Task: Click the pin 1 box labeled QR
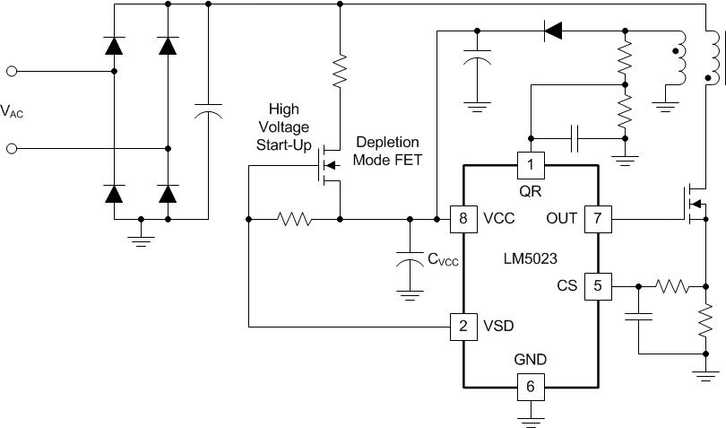click(x=531, y=164)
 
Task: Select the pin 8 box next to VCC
click(x=463, y=218)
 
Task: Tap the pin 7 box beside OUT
click(x=598, y=218)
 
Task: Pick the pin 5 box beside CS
click(x=598, y=286)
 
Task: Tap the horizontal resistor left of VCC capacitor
click(x=294, y=218)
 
